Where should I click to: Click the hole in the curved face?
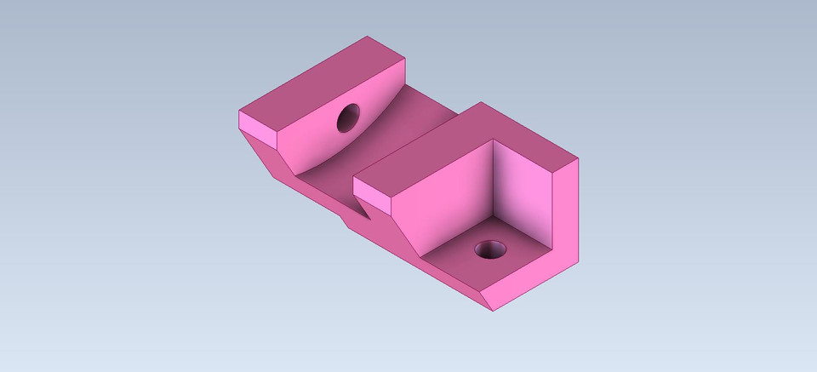point(348,117)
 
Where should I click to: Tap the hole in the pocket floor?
point(490,250)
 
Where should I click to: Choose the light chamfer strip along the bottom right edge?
point(532,281)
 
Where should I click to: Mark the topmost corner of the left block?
point(368,37)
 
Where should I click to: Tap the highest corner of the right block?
point(481,103)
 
